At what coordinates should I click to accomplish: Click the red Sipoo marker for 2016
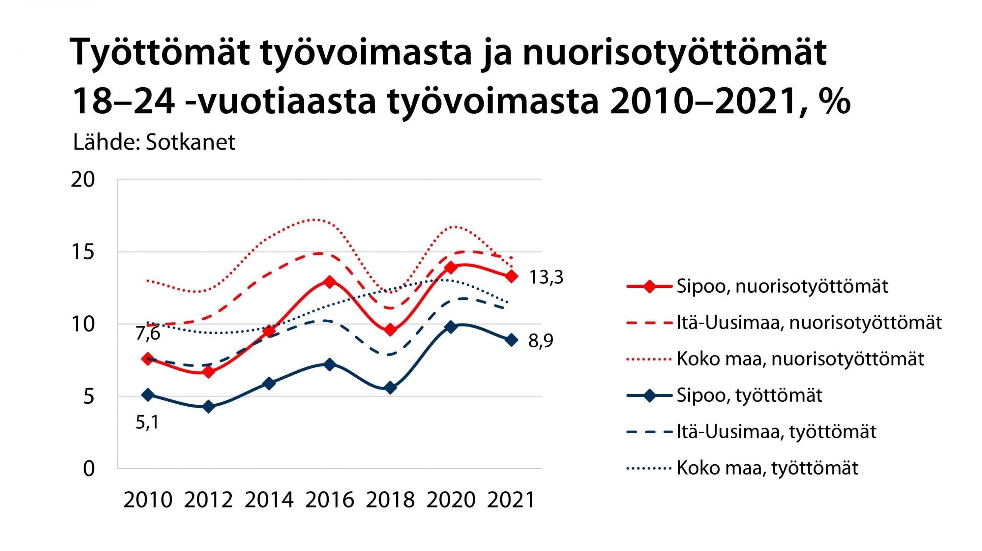pos(330,282)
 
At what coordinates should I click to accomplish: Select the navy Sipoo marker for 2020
pos(451,327)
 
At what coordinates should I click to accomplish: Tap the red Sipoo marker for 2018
pos(390,330)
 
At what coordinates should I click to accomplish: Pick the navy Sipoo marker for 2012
pos(208,406)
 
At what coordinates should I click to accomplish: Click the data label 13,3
pos(546,277)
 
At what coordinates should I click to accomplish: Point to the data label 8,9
pos(540,341)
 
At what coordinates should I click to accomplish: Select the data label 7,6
pos(148,333)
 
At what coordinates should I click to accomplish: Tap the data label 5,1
pos(147,422)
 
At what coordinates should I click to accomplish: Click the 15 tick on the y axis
pos(82,252)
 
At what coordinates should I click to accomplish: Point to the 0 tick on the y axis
pos(89,469)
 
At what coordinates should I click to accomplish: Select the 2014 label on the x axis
pos(269,500)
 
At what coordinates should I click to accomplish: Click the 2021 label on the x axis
pos(511,500)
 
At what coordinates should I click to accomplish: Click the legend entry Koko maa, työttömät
pos(767,468)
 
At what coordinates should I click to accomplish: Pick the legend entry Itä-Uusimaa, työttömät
pos(776,432)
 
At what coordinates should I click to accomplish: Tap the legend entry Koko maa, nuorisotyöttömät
pos(800,359)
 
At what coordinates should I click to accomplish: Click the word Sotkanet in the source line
pos(190,142)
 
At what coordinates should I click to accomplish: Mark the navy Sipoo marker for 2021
pos(511,340)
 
